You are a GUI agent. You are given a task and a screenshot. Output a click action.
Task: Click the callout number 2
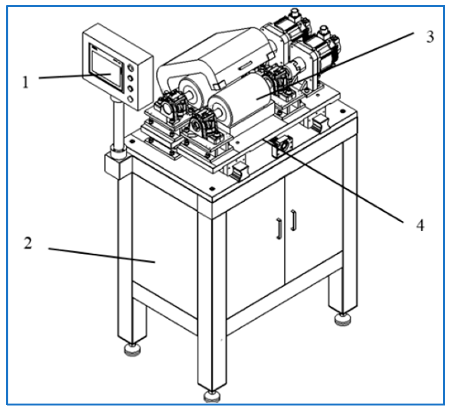point(28,243)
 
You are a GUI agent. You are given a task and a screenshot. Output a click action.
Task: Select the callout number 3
point(430,37)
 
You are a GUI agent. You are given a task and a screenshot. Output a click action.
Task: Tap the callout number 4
point(420,225)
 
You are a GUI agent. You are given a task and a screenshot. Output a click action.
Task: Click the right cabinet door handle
point(293,220)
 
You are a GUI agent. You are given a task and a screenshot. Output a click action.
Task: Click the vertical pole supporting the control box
point(118,123)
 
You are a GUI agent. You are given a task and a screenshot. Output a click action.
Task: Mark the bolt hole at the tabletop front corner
point(212,188)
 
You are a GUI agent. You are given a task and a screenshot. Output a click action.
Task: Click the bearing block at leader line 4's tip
point(282,145)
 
